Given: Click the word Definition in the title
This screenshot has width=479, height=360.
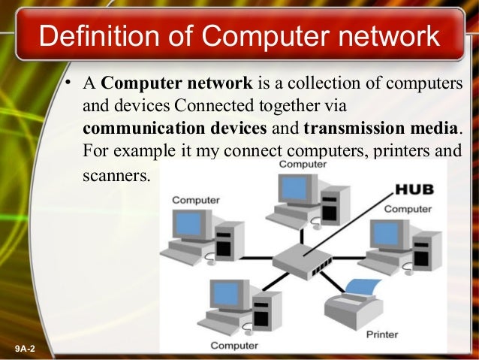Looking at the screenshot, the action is click(95, 36).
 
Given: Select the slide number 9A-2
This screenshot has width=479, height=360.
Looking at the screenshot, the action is click(29, 348).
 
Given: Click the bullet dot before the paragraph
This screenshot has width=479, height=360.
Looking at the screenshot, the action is click(67, 83).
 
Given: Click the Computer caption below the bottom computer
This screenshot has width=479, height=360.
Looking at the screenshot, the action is click(234, 345).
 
